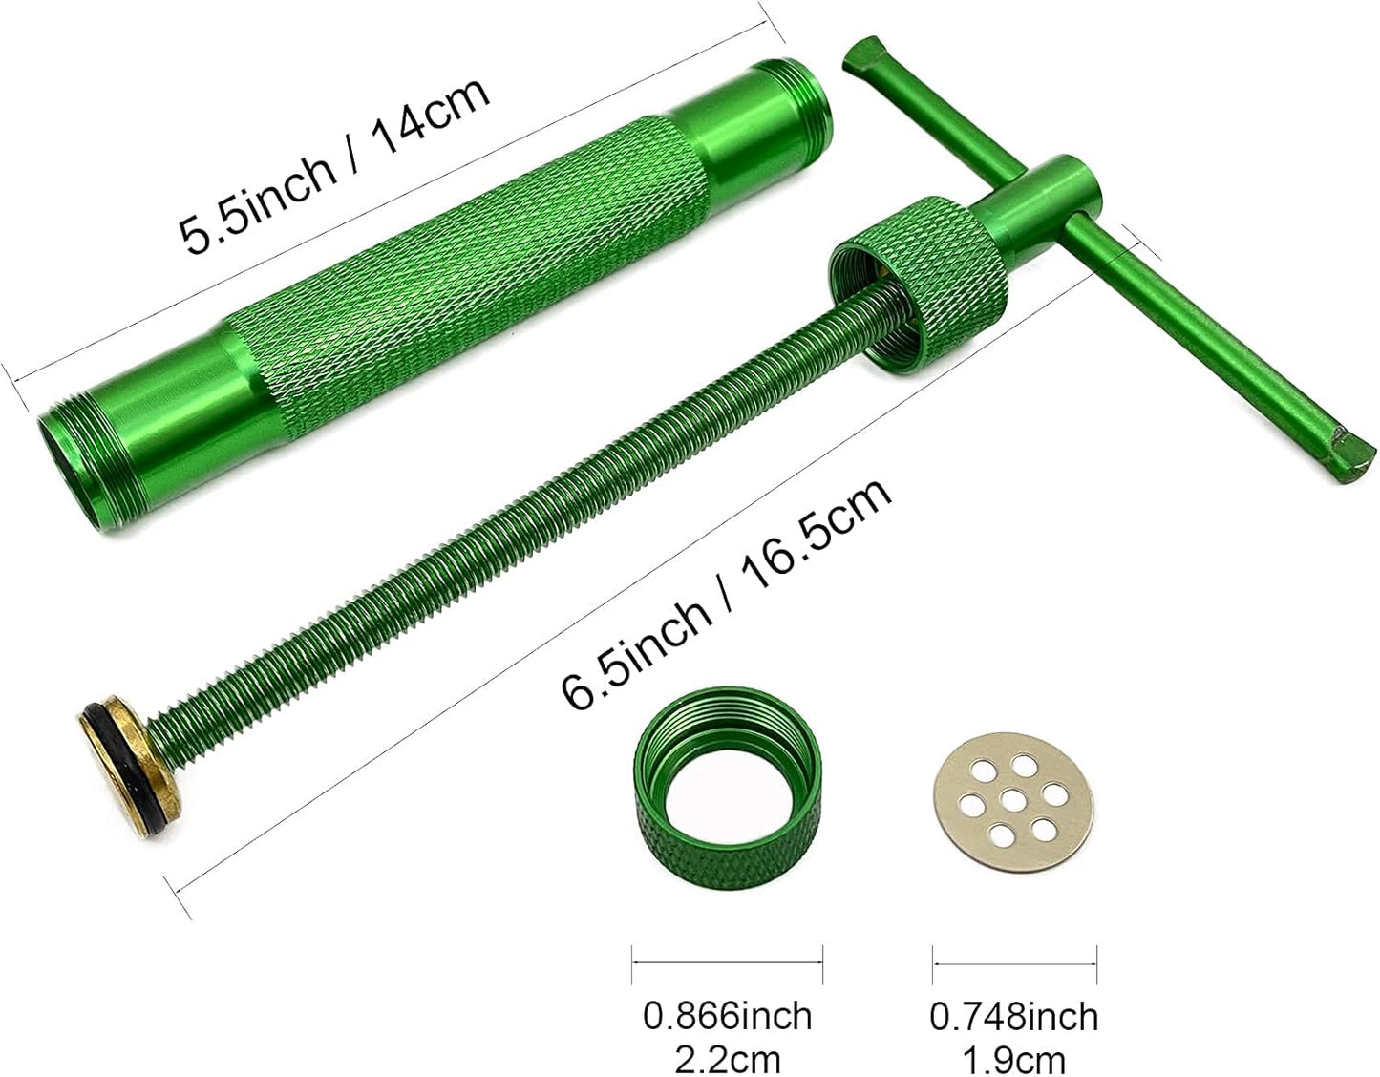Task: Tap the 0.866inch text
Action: pos(727,1015)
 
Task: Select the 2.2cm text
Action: pos(727,1058)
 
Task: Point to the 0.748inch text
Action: pos(1014,1015)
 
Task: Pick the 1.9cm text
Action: pos(1014,1058)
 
